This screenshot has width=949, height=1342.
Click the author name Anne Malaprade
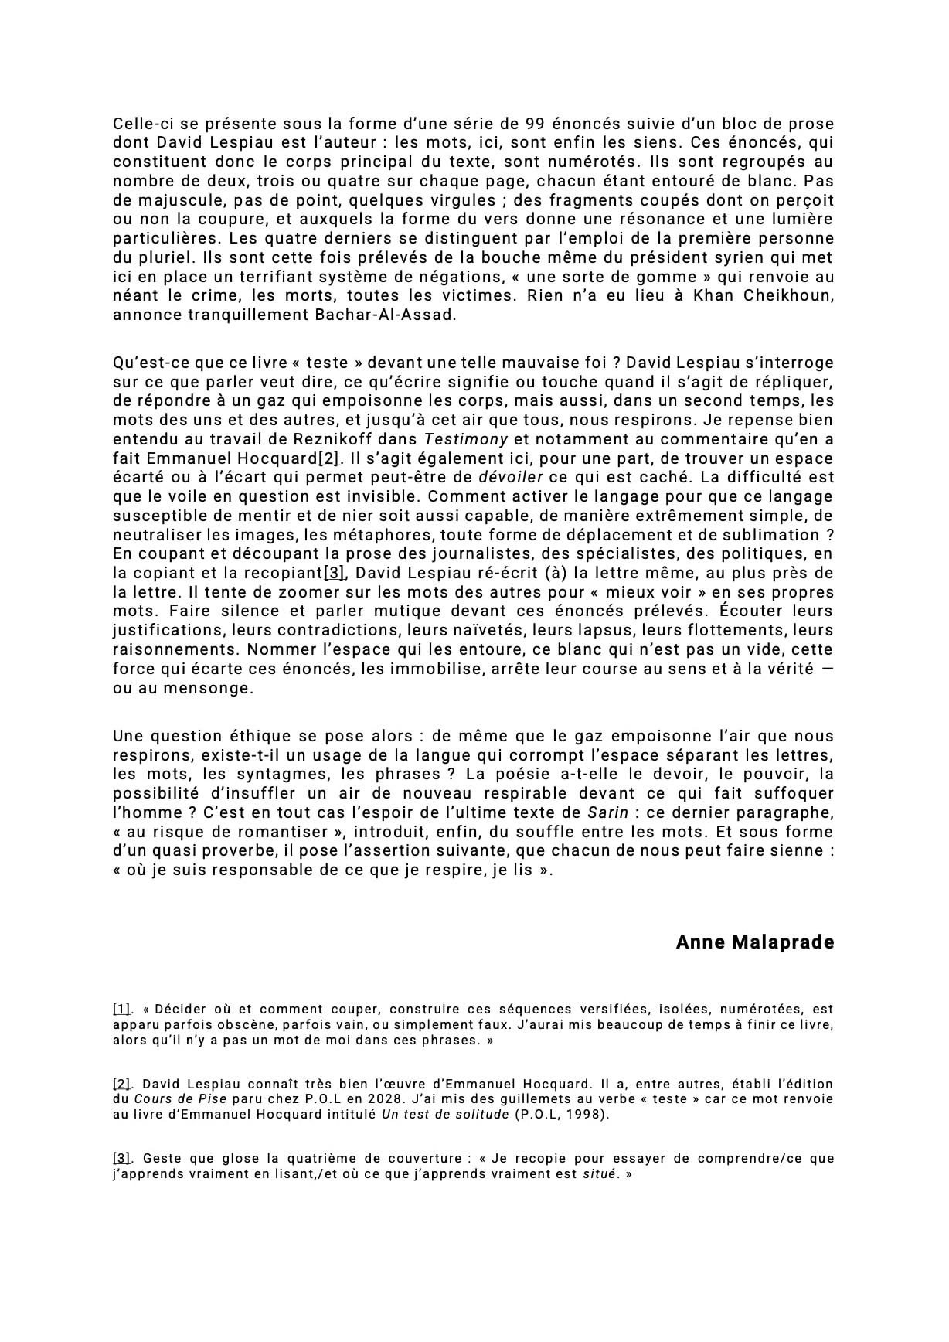pos(754,942)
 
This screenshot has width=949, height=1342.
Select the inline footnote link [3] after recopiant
pos(334,573)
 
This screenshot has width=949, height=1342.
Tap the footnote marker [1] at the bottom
pos(122,1009)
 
